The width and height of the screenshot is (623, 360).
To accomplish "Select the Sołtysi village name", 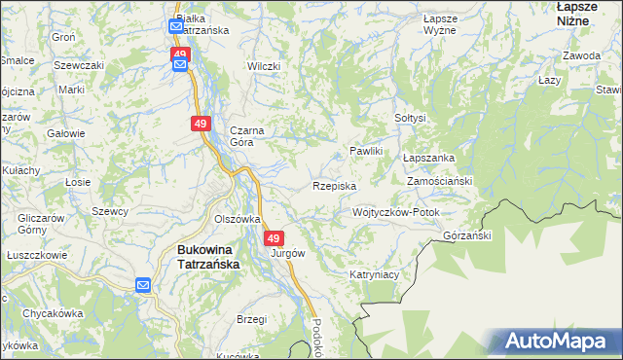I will click(411, 118).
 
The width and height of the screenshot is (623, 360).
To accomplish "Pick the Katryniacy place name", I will click(375, 275).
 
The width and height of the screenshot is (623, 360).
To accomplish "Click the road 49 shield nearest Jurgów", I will click(274, 238).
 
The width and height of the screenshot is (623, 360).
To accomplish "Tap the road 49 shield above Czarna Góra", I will click(201, 124).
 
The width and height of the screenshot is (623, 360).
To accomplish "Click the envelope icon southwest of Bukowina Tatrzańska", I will click(143, 285).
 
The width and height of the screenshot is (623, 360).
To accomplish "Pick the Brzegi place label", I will click(252, 319).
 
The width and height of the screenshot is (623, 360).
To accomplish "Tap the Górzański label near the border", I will click(468, 235).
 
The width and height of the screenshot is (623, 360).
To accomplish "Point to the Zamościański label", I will click(440, 182).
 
